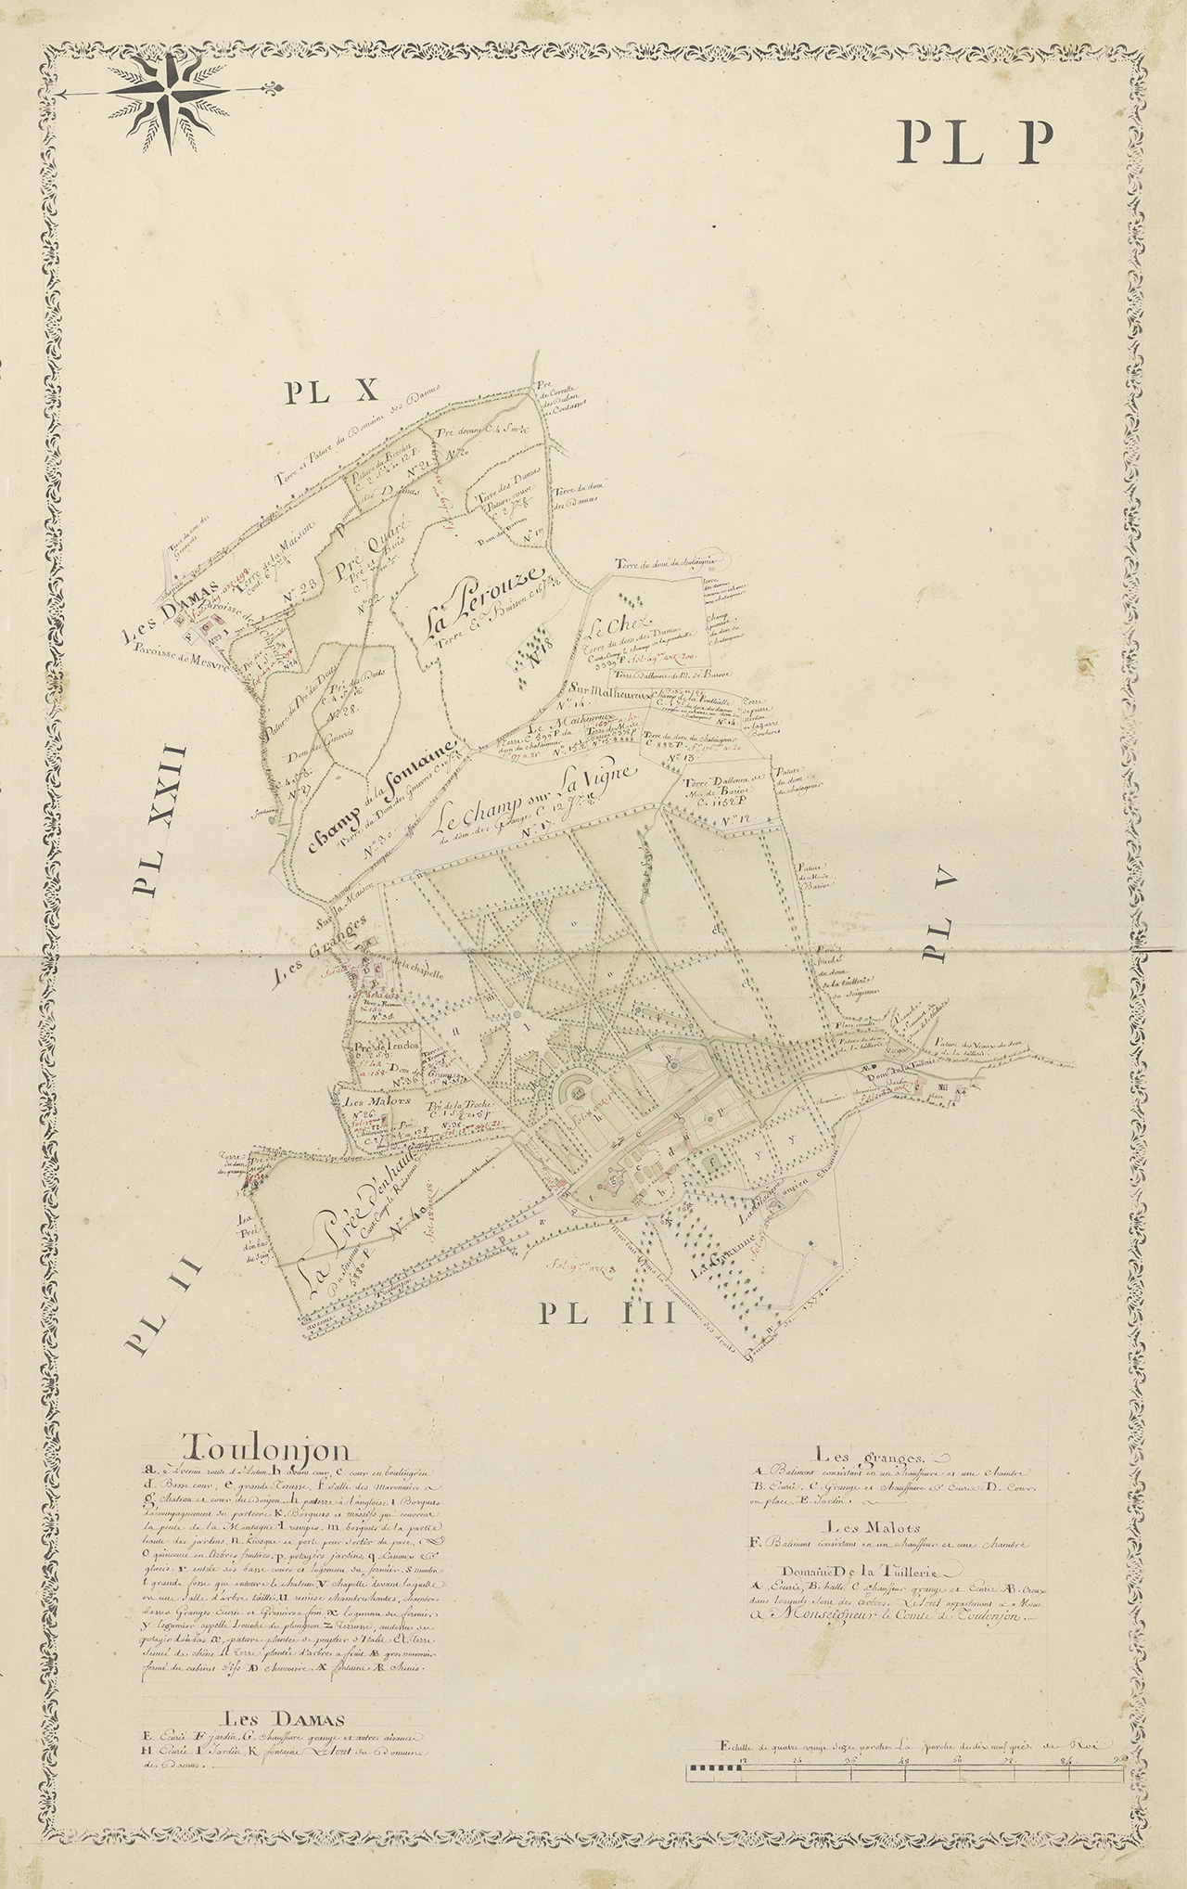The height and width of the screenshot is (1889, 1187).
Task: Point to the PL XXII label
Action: [x=159, y=820]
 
